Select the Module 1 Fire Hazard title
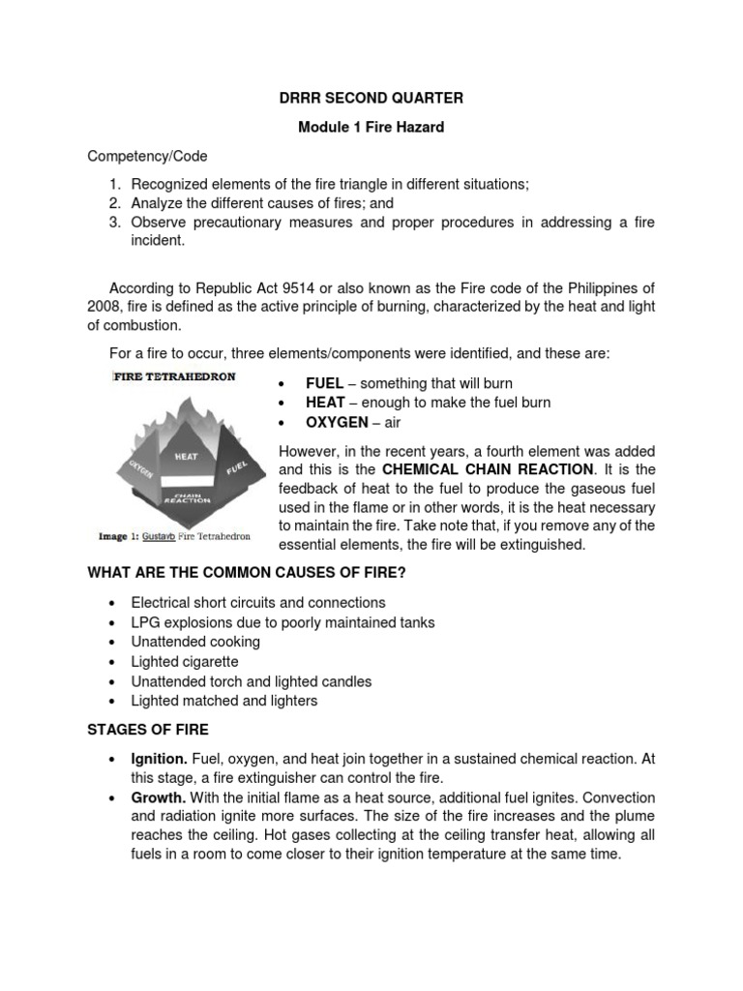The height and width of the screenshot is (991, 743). point(371,127)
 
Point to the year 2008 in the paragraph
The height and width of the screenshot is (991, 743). point(105,307)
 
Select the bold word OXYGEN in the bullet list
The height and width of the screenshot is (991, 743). point(338,423)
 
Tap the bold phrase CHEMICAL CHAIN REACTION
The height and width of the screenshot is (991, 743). point(488,470)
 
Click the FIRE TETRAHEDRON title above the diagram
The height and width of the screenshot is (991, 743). point(174,376)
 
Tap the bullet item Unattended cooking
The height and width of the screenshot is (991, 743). point(195,642)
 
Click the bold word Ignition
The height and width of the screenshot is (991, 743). point(160,759)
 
